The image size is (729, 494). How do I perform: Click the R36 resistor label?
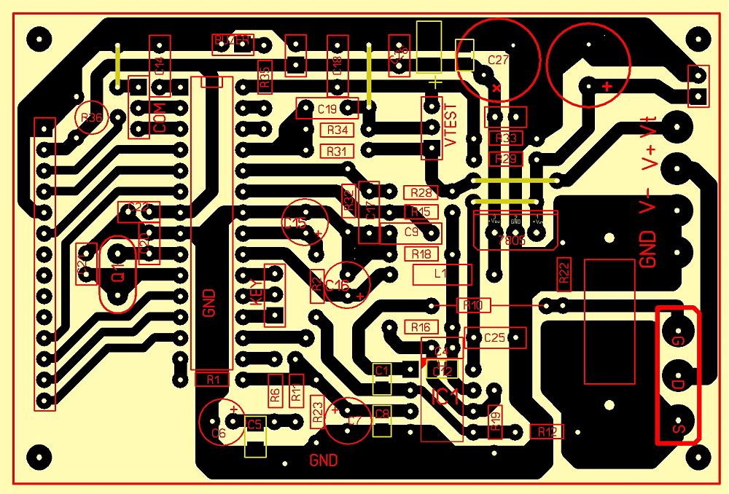click(x=92, y=118)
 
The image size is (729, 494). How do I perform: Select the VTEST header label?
click(x=451, y=125)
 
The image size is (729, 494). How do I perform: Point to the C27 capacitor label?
click(x=498, y=60)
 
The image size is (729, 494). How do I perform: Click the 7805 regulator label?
click(x=512, y=242)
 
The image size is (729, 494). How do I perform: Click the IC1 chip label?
click(x=445, y=398)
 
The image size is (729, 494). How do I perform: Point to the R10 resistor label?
click(x=473, y=305)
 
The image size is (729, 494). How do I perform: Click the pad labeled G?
click(x=678, y=340)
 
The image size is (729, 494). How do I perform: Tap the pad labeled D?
click(x=678, y=383)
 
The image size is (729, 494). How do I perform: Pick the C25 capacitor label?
click(x=495, y=337)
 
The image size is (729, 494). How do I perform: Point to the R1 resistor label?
click(x=213, y=379)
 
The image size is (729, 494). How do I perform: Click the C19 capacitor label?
click(x=327, y=109)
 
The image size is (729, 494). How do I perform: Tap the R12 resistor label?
click(x=547, y=432)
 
